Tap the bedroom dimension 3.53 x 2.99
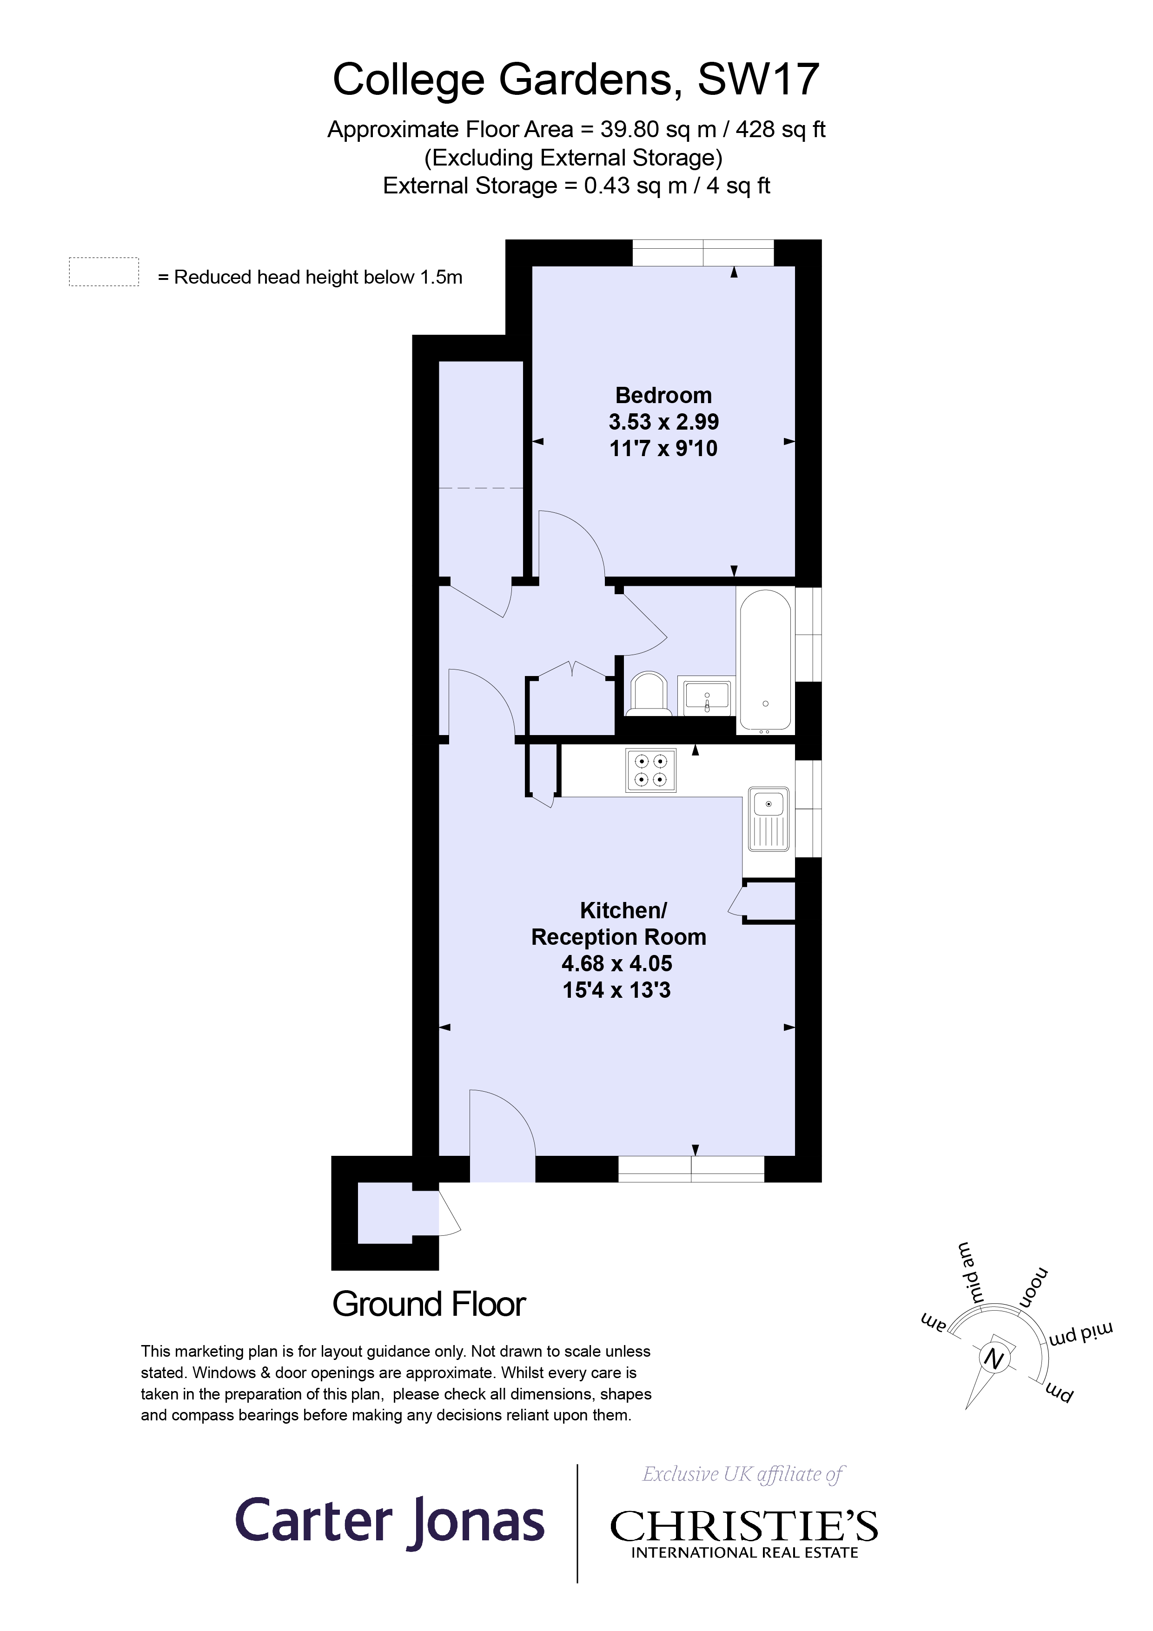click(663, 422)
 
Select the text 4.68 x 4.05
click(616, 963)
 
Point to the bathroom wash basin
click(707, 695)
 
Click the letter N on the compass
click(994, 1359)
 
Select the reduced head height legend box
click(104, 272)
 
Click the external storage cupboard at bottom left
click(385, 1213)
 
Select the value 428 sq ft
click(780, 129)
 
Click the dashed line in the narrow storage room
click(481, 488)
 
